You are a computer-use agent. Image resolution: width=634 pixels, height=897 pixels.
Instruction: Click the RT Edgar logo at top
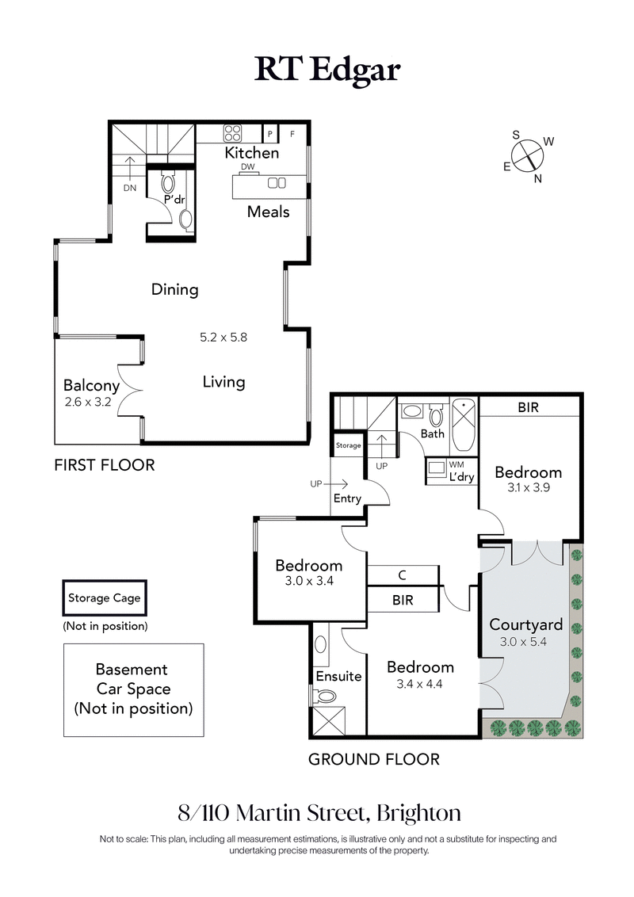click(327, 70)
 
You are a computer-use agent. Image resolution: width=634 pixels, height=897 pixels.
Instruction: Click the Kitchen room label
click(252, 153)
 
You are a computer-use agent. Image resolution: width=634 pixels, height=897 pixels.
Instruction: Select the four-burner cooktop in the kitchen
click(233, 133)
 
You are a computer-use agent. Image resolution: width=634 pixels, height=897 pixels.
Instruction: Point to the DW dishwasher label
click(247, 167)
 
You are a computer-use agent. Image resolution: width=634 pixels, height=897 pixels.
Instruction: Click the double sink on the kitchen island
click(277, 183)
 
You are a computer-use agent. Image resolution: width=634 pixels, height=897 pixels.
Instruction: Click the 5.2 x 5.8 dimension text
click(223, 337)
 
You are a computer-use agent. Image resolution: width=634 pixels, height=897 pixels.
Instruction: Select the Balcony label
click(91, 386)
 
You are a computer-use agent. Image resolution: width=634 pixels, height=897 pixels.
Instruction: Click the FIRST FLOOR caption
click(104, 465)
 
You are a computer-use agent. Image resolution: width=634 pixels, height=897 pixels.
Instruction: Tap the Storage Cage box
click(104, 598)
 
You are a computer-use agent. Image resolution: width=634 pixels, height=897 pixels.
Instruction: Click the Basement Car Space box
click(133, 689)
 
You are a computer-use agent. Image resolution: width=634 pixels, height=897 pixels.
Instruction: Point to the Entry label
click(347, 498)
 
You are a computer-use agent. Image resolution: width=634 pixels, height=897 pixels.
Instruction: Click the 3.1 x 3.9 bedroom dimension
click(528, 489)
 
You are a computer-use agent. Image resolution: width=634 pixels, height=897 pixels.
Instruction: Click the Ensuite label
click(338, 676)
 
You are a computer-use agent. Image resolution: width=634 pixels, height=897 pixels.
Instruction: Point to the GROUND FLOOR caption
click(373, 759)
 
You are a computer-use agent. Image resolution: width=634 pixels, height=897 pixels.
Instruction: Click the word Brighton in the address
click(418, 813)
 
